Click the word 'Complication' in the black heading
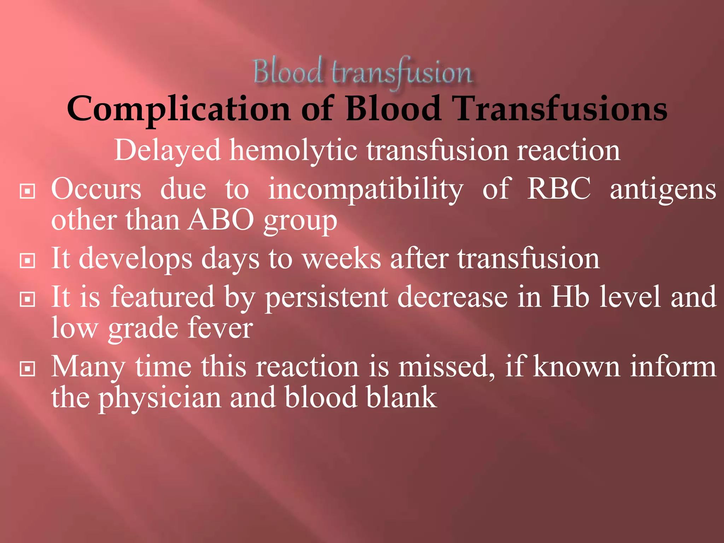179,109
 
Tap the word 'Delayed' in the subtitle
168,150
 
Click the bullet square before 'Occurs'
28,191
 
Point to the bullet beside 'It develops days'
28,261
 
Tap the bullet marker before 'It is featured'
28,299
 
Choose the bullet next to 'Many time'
28,369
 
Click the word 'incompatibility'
366,189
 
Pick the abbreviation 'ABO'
221,220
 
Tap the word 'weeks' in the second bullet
341,258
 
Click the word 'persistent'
327,297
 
